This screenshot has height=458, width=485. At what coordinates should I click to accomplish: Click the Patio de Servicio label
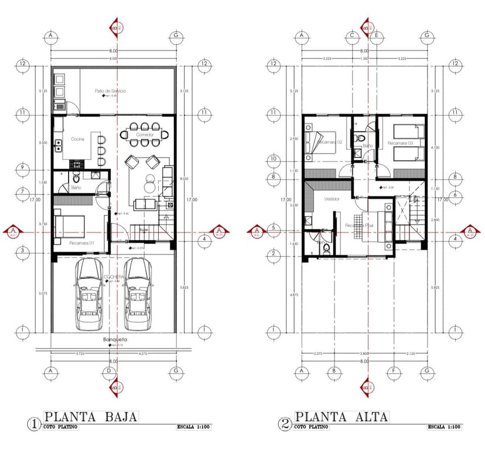[x=111, y=91]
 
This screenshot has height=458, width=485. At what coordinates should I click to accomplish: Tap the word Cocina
[x=77, y=139]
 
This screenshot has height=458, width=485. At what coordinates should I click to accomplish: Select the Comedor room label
[x=145, y=135]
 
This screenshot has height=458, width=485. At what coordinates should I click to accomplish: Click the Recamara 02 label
[x=331, y=142]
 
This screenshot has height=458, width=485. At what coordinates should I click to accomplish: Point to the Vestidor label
[x=332, y=199]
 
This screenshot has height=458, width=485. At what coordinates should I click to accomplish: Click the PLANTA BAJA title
[x=91, y=417]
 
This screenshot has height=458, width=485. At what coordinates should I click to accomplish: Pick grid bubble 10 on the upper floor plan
[x=272, y=159]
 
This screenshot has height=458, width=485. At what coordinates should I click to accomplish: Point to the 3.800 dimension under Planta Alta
[x=364, y=354]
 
